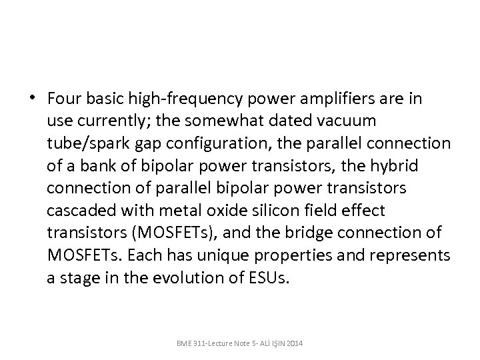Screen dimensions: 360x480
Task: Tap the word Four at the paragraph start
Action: [63, 99]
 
